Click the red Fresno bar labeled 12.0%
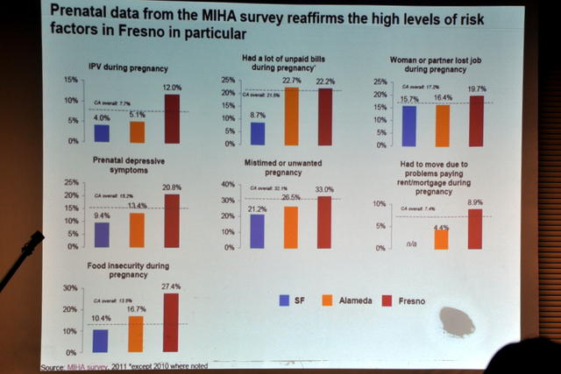(x=171, y=117)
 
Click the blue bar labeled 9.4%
(x=102, y=234)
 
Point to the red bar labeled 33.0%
(x=324, y=222)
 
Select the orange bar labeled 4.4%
(x=442, y=239)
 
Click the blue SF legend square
(x=284, y=300)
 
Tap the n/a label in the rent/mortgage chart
(x=408, y=245)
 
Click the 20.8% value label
(x=172, y=188)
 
